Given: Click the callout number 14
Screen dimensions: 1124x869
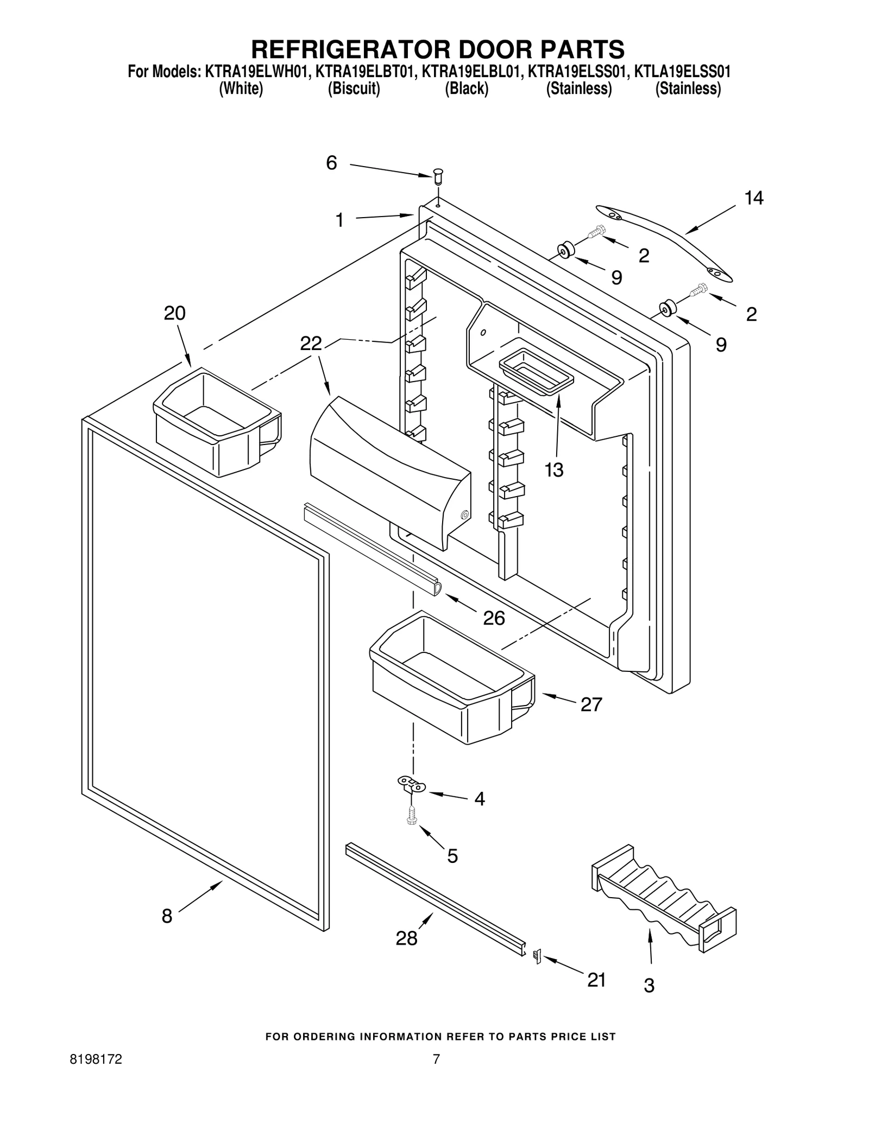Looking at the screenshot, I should tap(753, 199).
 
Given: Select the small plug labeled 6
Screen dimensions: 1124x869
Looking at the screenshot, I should tap(438, 176).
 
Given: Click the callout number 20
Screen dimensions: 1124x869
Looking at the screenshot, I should tap(174, 314).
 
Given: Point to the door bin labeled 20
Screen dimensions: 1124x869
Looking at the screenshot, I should tap(217, 421).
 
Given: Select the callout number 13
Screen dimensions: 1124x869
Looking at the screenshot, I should tap(554, 470).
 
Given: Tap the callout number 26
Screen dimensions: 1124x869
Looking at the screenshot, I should tap(494, 618).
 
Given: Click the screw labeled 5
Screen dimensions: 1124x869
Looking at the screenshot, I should tap(411, 817).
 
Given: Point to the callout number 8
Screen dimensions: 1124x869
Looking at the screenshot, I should tap(167, 916).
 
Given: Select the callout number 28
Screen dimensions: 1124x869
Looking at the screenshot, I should tap(406, 938).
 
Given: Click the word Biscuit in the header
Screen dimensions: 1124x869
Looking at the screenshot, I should tap(354, 88).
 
